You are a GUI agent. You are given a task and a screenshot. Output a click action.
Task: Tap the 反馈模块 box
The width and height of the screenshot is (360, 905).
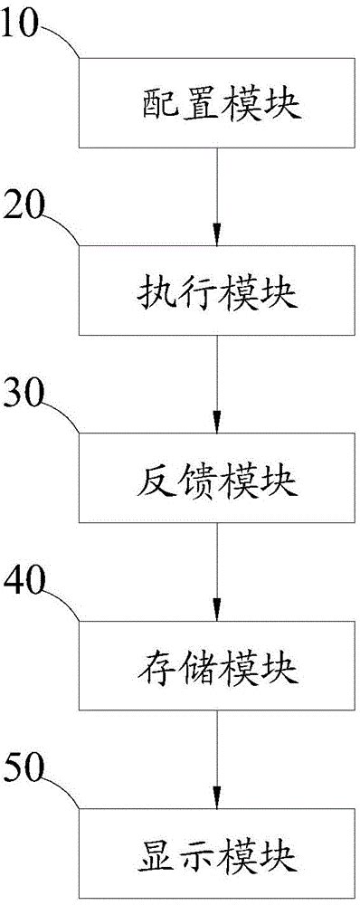pos(217,477)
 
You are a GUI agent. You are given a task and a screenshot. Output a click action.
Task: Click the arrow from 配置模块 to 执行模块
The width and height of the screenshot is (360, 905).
pos(217,196)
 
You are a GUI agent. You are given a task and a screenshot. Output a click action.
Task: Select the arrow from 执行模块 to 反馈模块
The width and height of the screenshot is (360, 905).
pos(217,384)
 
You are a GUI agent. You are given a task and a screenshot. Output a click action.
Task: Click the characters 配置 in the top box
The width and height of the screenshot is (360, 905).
pos(177,104)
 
